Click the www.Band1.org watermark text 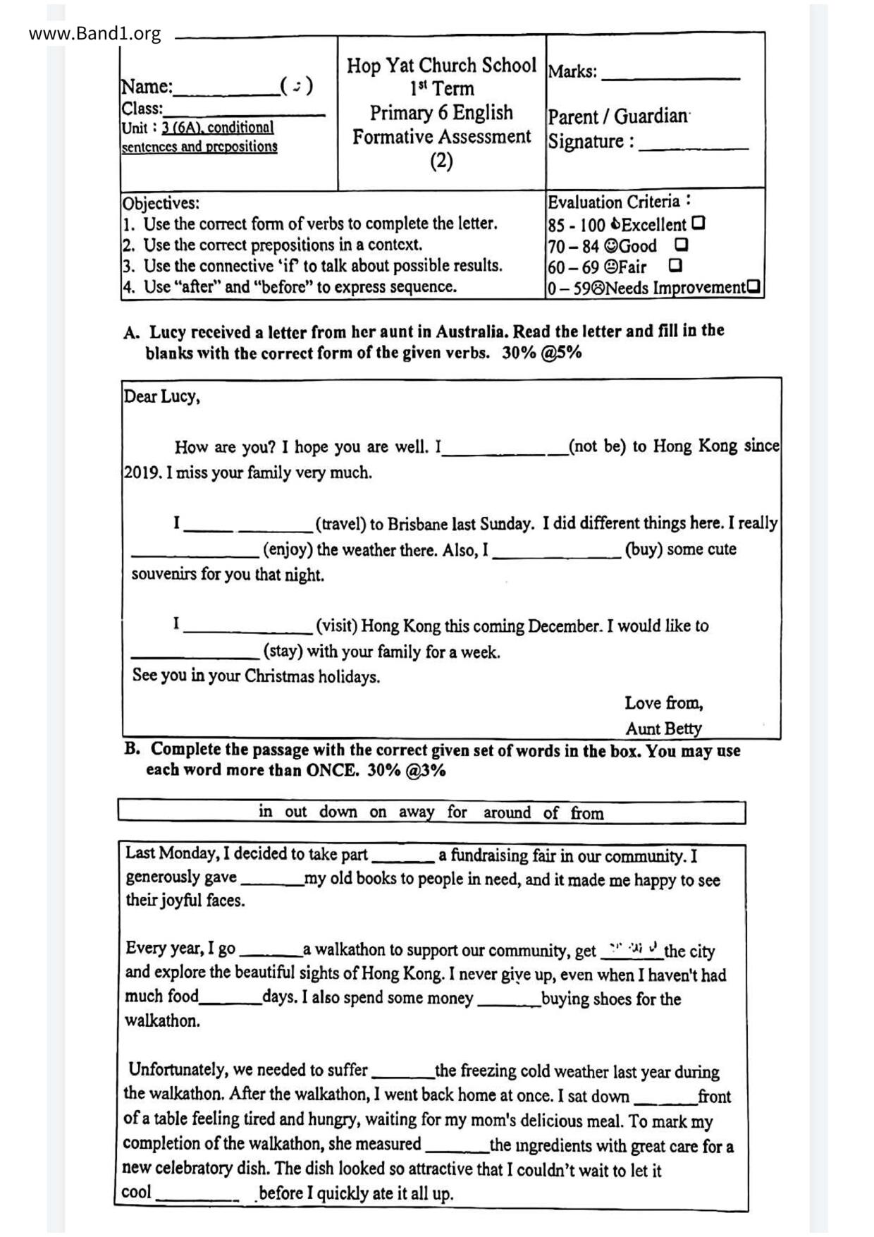click(94, 33)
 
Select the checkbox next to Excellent click(698, 224)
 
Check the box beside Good click(681, 245)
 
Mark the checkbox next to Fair click(675, 265)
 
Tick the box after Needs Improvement click(753, 286)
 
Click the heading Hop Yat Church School click(441, 66)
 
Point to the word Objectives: click(161, 203)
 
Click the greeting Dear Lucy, click(162, 396)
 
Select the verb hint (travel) click(340, 524)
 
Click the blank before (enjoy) click(195, 549)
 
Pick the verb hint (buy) click(641, 549)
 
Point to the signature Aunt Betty click(663, 728)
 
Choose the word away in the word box click(416, 812)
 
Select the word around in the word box click(507, 812)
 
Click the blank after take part click(402, 857)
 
